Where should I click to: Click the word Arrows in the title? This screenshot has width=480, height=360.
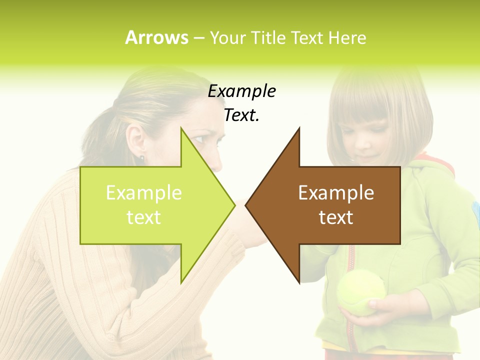(156, 38)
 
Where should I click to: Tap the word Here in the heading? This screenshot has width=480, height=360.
(347, 38)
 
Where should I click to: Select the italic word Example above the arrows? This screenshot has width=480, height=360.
(241, 91)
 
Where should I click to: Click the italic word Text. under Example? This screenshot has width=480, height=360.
(241, 115)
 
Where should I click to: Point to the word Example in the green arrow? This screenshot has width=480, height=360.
(144, 193)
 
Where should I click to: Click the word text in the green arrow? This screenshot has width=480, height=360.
(144, 217)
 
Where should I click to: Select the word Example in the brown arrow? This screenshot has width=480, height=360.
(336, 193)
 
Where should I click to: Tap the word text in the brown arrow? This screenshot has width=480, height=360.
(336, 217)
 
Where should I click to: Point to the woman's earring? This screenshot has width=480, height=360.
(141, 158)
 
